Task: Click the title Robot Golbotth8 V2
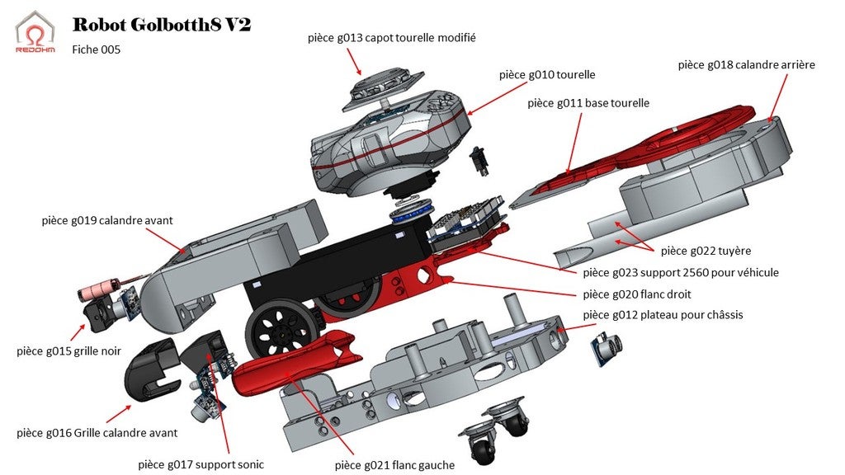161,25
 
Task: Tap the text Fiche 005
97,49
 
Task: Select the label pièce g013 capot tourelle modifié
391,38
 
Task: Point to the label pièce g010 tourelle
546,74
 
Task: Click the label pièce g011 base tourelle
588,103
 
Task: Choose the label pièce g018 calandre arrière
746,64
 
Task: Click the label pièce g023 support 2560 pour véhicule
680,272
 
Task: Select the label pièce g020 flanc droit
636,294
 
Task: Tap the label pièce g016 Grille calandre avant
97,432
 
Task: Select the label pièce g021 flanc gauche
394,465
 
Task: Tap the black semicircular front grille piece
149,376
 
